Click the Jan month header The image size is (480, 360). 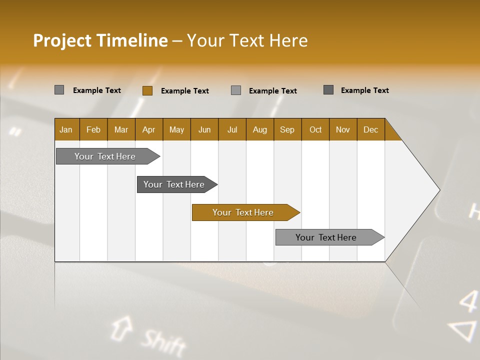pyautogui.click(x=66, y=129)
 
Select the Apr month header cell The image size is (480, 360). pyautogui.click(x=149, y=129)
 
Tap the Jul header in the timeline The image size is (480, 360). pyautogui.click(x=232, y=129)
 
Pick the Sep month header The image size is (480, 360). pyautogui.click(x=287, y=129)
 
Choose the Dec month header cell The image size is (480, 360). pyautogui.click(x=370, y=129)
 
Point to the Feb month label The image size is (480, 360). pyautogui.click(x=93, y=129)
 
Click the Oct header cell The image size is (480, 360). pyautogui.click(x=315, y=129)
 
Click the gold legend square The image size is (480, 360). pyautogui.click(x=147, y=90)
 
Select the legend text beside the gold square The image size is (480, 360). pyautogui.click(x=185, y=91)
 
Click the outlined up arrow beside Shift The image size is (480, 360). pyautogui.click(x=121, y=328)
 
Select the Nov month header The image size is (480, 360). pyautogui.click(x=343, y=129)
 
